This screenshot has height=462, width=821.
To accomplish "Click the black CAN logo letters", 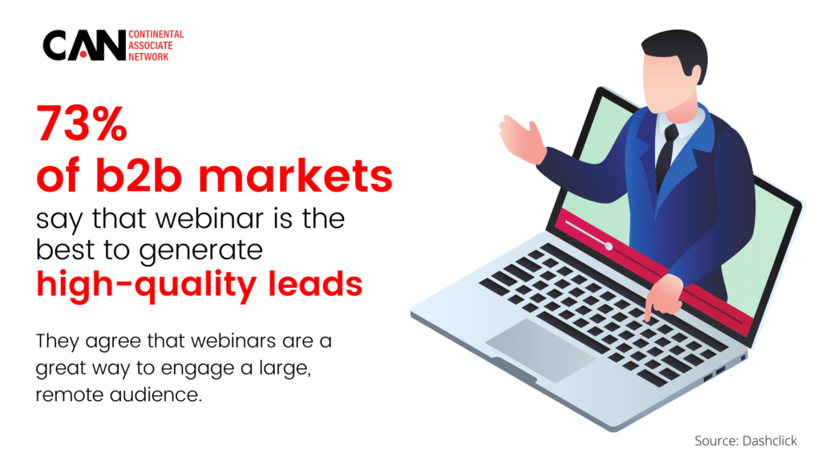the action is pos(83,46).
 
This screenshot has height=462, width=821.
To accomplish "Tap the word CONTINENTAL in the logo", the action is pos(156,34).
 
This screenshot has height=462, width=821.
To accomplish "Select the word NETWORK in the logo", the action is pos(148,57).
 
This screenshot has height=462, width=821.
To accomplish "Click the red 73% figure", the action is pos(82,124).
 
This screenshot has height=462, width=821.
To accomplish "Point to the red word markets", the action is pos(295,175).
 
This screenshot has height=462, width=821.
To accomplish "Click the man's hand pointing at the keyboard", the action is pos(663,295).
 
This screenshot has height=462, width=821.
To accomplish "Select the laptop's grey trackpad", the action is pos(540,350).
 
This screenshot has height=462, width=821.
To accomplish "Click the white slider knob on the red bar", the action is pos(609,245).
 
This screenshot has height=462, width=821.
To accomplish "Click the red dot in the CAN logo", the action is pos(83,55).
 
